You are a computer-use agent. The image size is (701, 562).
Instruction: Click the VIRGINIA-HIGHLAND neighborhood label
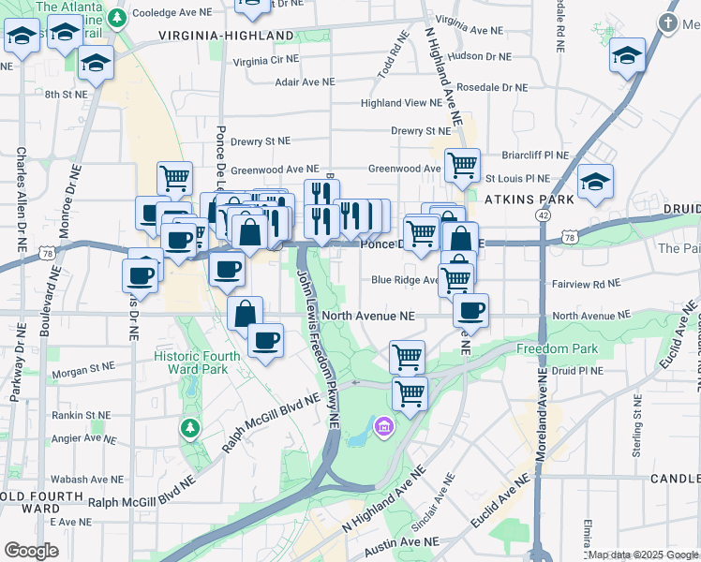226,36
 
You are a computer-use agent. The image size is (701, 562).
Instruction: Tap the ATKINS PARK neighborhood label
520,200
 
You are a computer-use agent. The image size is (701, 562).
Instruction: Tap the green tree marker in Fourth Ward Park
190,428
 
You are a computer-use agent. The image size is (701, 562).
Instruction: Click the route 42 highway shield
543,214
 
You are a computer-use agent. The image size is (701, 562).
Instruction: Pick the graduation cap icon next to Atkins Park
595,181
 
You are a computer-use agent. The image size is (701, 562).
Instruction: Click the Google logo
32,551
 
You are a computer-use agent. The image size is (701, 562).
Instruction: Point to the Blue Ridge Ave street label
405,279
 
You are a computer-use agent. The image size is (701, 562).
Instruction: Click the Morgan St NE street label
82,371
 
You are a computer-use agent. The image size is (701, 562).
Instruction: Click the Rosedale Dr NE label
498,87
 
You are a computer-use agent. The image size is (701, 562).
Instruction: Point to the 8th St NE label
66,94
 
